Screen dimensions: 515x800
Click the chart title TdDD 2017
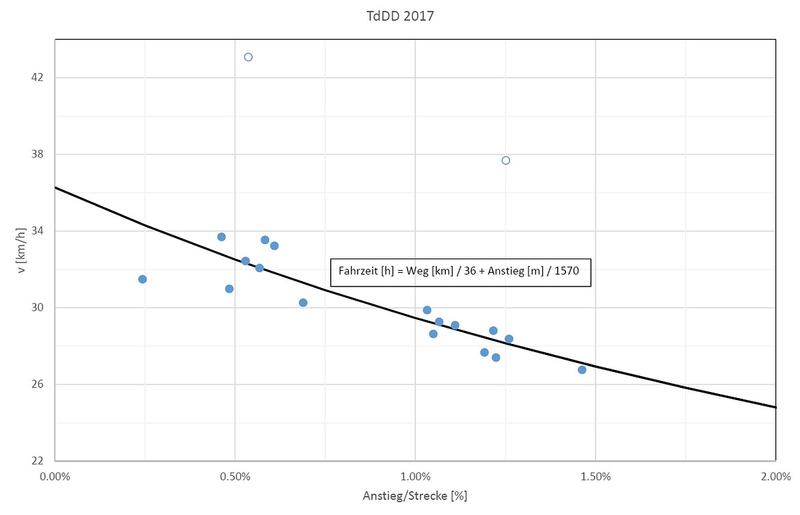pos(400,16)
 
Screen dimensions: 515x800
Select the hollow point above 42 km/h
pos(248,57)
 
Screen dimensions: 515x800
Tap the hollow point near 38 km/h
pos(506,160)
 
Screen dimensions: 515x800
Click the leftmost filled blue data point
pos(142,279)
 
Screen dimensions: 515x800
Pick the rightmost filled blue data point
pos(582,369)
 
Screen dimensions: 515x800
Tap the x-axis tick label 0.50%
pos(235,476)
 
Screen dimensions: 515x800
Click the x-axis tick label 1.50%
pos(595,476)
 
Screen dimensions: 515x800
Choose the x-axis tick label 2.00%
pos(775,476)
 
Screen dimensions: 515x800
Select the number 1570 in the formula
pos(566,271)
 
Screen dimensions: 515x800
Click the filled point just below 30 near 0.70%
pos(303,302)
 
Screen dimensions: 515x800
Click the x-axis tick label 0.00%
pos(55,476)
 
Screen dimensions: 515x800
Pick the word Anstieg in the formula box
pos(504,271)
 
